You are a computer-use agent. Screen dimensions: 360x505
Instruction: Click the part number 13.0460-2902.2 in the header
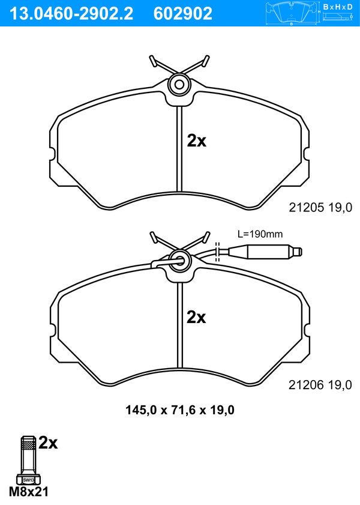click(71, 14)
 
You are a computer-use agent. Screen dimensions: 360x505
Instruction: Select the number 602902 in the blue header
click(183, 14)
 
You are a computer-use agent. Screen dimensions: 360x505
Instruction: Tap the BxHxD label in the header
click(338, 7)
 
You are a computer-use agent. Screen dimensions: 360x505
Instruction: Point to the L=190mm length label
click(260, 234)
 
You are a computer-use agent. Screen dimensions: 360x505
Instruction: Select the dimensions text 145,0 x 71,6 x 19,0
click(180, 410)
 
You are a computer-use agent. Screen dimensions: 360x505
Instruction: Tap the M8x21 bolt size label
click(29, 492)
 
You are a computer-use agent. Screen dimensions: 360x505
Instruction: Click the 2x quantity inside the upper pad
click(197, 141)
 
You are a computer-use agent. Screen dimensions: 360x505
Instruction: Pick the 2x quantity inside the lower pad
click(196, 317)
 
